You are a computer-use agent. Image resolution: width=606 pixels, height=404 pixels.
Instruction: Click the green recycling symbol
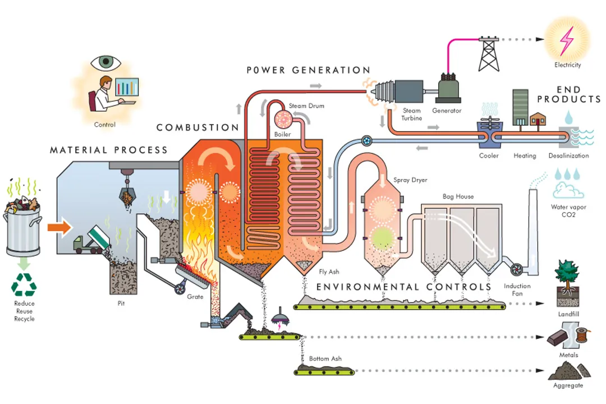point(24,284)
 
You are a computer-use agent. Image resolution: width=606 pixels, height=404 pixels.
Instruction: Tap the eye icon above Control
point(104,61)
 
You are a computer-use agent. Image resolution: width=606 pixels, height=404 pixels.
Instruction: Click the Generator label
point(447,111)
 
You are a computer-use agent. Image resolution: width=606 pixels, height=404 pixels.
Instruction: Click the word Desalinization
point(569,155)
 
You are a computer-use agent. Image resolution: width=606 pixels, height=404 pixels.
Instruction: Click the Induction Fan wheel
point(516,269)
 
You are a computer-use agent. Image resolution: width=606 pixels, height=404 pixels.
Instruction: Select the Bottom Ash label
point(325,359)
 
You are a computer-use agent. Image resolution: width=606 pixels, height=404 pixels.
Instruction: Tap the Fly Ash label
point(329,272)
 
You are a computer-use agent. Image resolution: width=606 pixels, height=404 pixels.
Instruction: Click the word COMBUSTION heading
point(198,127)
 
